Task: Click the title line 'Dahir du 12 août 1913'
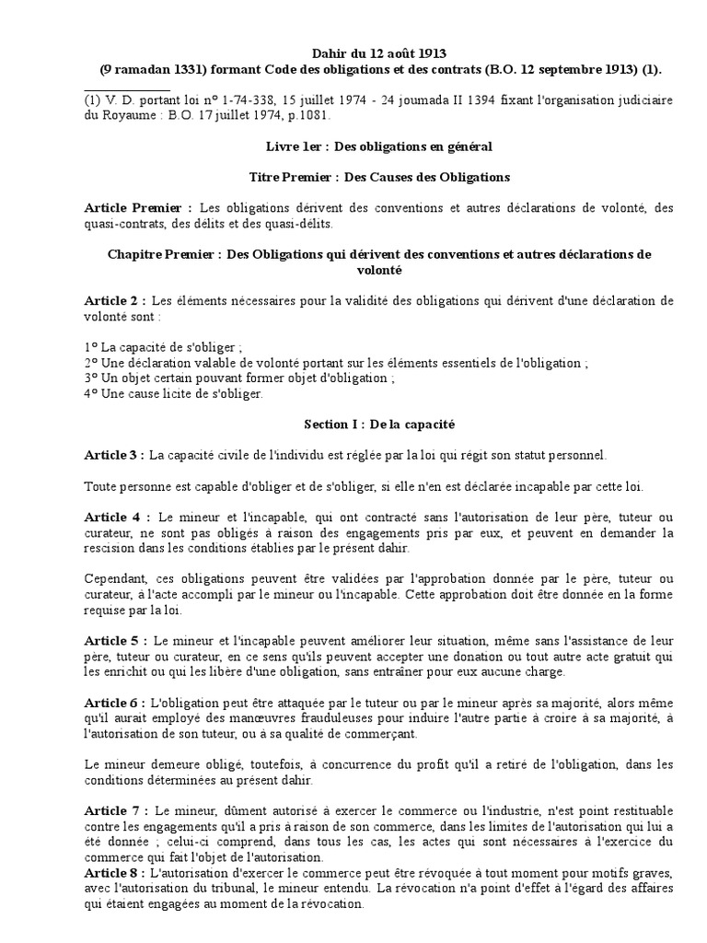pos(377,54)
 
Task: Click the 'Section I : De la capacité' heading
pos(379,425)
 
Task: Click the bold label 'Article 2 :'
pos(115,300)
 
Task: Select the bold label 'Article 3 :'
pos(114,455)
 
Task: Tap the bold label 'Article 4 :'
pos(116,516)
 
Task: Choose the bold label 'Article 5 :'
pos(116,639)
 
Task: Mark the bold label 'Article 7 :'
pos(116,809)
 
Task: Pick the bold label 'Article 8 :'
pos(114,872)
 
